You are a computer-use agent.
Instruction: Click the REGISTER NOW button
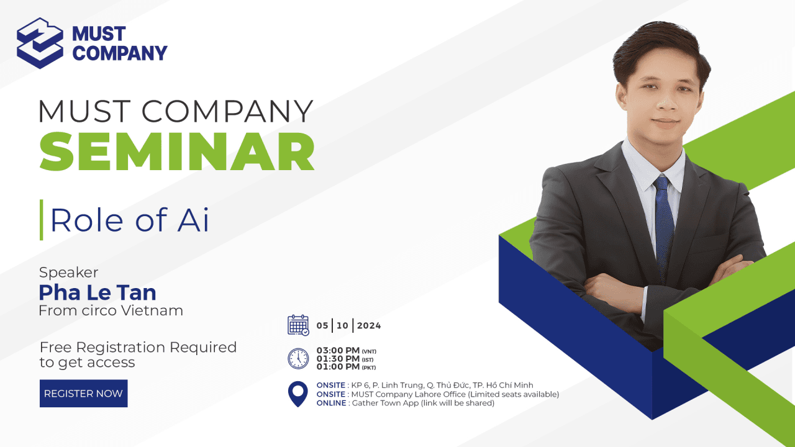(x=83, y=394)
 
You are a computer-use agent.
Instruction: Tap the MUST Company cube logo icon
(x=40, y=43)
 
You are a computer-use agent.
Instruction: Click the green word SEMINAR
(x=177, y=151)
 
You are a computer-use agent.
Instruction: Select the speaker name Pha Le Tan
(x=98, y=292)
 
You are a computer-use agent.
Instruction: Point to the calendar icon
(x=298, y=325)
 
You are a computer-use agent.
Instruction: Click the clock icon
(x=298, y=358)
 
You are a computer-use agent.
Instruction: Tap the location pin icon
(x=298, y=394)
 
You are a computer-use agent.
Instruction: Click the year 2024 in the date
(x=369, y=326)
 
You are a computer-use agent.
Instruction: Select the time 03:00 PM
(x=338, y=351)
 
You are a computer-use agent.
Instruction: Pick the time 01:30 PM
(x=338, y=359)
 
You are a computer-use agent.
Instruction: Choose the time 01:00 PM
(x=338, y=367)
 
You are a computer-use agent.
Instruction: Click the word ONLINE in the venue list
(x=331, y=403)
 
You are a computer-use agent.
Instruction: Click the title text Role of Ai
(x=130, y=220)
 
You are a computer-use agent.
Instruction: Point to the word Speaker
(x=68, y=273)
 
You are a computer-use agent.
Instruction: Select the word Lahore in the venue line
(x=428, y=394)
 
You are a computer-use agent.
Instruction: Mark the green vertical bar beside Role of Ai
(x=41, y=220)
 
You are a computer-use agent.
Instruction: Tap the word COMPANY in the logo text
(x=120, y=53)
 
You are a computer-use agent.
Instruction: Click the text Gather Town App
(x=386, y=403)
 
